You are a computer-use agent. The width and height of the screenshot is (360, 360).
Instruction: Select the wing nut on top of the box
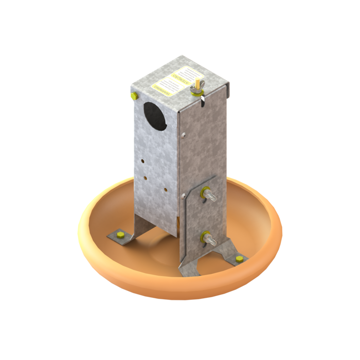click(196, 91)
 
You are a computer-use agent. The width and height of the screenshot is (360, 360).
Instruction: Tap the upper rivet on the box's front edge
click(184, 136)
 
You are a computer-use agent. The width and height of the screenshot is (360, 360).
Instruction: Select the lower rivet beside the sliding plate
click(184, 194)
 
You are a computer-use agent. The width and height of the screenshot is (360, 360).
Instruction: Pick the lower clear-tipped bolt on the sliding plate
click(208, 238)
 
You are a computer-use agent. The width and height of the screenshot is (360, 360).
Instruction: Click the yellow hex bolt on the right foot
click(238, 257)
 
